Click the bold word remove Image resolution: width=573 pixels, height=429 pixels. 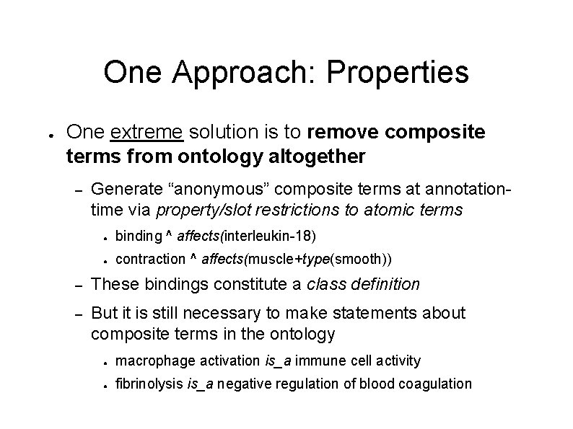point(341,132)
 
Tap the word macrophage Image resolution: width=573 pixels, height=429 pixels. point(149,360)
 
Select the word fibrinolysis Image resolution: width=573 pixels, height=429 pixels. point(149,384)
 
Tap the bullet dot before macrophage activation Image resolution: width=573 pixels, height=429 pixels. point(105,361)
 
